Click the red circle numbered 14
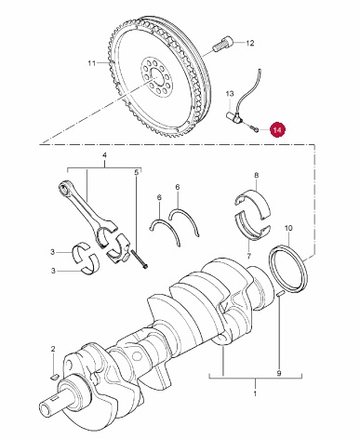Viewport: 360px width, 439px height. coord(277,130)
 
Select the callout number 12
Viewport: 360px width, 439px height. coord(250,43)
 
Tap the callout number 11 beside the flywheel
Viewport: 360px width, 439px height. coord(91,63)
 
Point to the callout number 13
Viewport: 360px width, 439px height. coord(230,94)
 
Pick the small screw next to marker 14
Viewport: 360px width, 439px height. coord(253,129)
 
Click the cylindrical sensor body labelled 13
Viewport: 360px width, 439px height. coord(234,117)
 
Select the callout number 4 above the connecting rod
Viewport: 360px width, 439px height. coord(104,155)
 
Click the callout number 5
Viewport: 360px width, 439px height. coord(136,173)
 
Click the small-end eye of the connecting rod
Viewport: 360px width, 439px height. coord(64,188)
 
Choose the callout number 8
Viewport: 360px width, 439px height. coord(256,176)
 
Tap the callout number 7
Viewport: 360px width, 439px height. coord(248,256)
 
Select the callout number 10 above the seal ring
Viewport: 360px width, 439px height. coord(288,229)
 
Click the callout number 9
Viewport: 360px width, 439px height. coord(279,373)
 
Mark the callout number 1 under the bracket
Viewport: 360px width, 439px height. coord(255,394)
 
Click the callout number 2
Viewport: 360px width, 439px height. coord(53,349)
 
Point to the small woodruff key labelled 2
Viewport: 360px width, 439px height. coord(54,377)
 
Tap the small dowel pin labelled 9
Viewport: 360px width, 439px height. coord(280,294)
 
